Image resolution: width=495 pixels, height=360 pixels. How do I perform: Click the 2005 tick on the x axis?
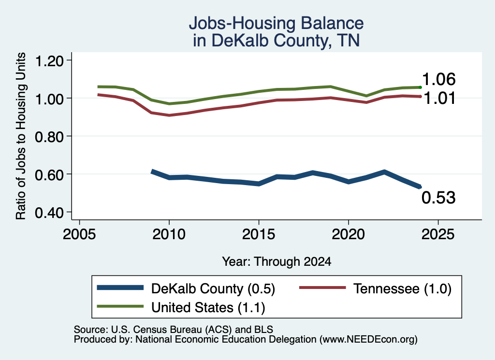click(79, 234)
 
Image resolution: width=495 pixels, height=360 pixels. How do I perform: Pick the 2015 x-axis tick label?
click(259, 234)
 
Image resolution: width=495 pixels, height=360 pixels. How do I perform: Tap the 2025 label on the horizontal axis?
click(438, 234)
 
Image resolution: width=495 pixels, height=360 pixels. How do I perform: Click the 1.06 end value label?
click(439, 79)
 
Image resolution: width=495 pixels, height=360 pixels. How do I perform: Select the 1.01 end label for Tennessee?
click(439, 98)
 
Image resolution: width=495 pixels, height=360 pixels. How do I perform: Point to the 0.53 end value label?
click(438, 198)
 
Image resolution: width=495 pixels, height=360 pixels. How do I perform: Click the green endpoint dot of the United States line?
click(420, 87)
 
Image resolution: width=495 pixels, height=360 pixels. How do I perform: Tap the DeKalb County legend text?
click(213, 288)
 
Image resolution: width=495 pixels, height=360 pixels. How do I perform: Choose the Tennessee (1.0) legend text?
click(402, 288)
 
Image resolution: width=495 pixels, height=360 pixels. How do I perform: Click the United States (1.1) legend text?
click(208, 308)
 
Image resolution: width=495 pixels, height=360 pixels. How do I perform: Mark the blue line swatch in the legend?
click(120, 288)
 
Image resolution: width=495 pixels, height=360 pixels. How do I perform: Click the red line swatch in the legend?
click(322, 288)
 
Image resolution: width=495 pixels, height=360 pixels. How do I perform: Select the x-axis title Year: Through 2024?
click(277, 261)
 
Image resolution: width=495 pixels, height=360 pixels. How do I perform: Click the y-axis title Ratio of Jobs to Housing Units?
click(21, 136)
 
